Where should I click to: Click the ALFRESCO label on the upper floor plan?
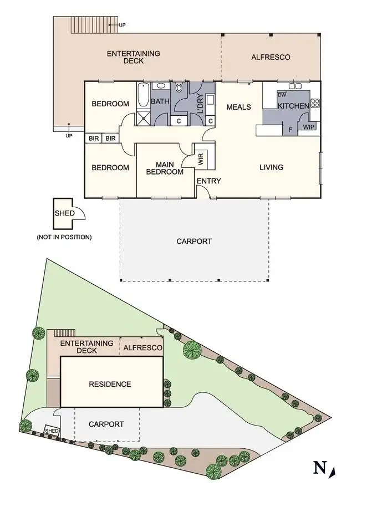270,57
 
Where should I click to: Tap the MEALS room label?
238,107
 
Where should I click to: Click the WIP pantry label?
308,127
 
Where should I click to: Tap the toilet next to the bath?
179,88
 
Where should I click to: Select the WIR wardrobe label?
200,158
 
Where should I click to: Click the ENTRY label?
209,181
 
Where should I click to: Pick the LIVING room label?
271,167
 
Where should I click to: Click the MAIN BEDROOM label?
165,168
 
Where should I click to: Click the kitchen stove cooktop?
315,103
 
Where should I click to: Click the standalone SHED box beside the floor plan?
63,213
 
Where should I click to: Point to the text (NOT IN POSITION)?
64,237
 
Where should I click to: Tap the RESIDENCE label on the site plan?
110,384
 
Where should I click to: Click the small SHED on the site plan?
51,431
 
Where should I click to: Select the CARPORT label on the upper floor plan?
194,241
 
